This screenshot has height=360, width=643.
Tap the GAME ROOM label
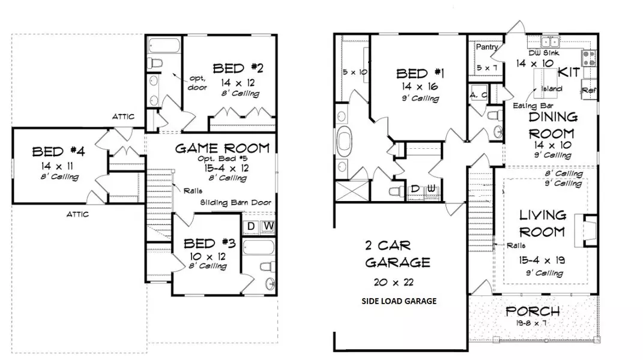(222, 148)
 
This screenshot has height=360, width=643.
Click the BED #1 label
(420, 74)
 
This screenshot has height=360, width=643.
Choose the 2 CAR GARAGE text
(397, 254)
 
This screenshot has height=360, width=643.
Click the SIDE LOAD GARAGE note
(399, 301)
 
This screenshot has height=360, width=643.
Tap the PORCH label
(533, 311)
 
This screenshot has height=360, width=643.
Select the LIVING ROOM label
(542, 223)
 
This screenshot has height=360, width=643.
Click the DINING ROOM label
(552, 125)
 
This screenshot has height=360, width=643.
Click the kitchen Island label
(552, 89)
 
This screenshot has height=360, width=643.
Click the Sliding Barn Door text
(235, 203)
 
